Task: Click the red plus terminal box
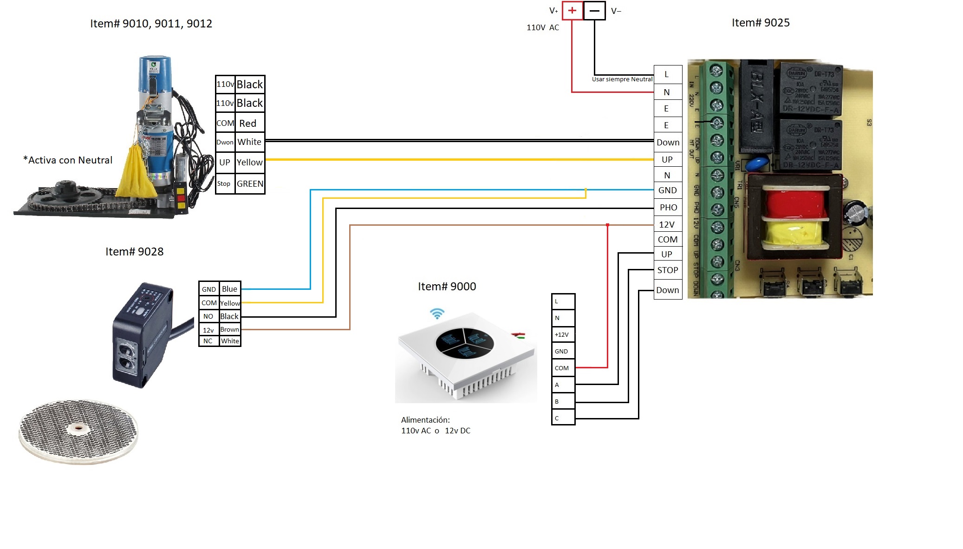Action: coord(572,11)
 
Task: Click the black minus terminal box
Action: coord(594,11)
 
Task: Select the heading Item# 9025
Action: coord(761,23)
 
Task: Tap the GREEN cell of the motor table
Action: coord(250,183)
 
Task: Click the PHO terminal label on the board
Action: coord(668,208)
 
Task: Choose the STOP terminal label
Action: coord(668,270)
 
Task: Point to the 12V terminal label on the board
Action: coord(667,225)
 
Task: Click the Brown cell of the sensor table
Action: coord(229,329)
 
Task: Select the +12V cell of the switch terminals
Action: coord(562,334)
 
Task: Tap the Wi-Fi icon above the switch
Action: coord(437,314)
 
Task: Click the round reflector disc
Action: coord(78,431)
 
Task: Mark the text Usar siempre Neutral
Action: coord(622,79)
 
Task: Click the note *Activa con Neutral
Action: coord(68,160)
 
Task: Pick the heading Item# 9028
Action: coord(134,252)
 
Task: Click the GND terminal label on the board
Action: coord(667,190)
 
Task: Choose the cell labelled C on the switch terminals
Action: coord(563,418)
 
